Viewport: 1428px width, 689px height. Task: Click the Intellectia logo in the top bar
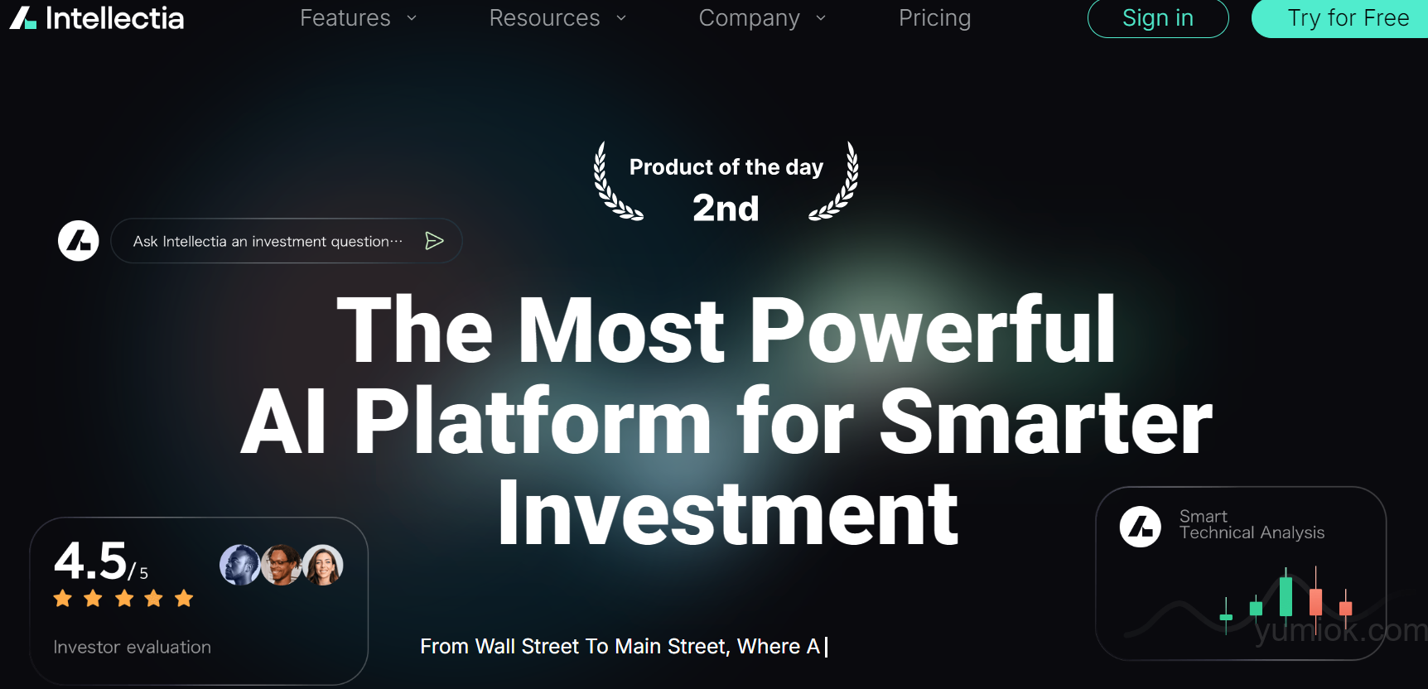97,17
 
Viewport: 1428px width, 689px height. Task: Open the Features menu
358,18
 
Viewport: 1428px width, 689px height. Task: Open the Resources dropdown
557,18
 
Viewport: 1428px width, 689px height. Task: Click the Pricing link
934,18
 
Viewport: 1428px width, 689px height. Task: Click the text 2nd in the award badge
726,208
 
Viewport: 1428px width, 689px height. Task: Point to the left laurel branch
615,182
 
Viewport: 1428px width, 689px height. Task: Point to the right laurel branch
836,182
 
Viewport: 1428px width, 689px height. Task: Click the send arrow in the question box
434,241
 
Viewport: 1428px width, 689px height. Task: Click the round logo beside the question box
79,241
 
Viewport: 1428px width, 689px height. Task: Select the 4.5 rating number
90,561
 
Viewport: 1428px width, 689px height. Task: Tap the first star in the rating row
63,598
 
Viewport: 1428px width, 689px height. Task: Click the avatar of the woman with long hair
323,565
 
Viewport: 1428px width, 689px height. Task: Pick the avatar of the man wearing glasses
282,565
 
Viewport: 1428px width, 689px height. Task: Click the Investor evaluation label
133,647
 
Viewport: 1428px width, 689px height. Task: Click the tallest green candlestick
1286,595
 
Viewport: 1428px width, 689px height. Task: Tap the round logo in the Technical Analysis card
1141,527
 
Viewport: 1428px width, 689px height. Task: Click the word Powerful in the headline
933,331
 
